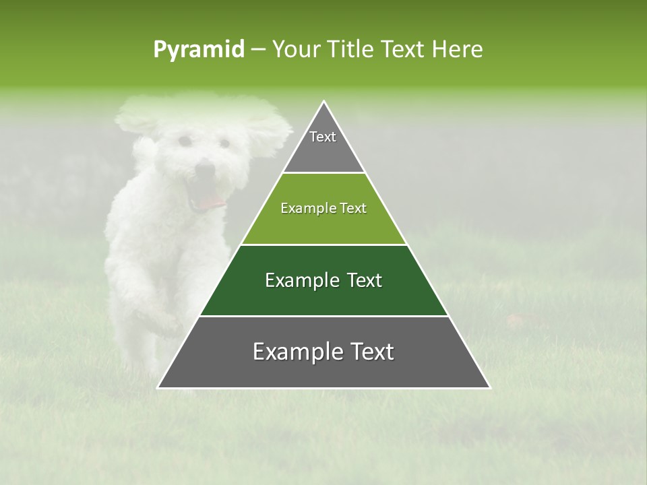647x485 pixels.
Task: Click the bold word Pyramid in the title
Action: pos(198,50)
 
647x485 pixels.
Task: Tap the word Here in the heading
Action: pos(457,49)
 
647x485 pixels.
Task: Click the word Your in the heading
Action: pos(295,49)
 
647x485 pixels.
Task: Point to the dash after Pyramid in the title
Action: pos(257,50)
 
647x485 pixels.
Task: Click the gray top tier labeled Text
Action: pos(323,145)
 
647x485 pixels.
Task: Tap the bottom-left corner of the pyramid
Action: pos(160,387)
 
